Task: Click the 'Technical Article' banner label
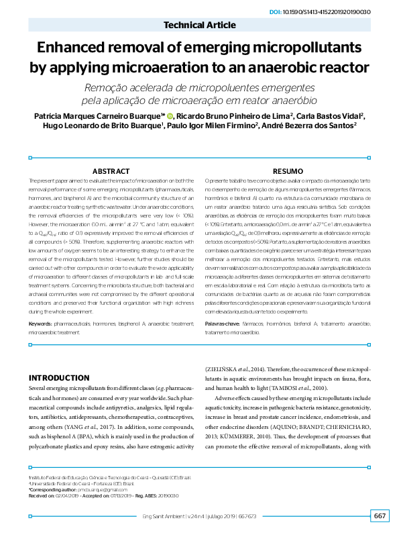(x=200, y=26)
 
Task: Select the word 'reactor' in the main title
(x=341, y=68)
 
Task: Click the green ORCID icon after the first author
(x=170, y=116)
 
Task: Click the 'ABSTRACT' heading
(x=111, y=172)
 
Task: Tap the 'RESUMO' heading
(x=288, y=172)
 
